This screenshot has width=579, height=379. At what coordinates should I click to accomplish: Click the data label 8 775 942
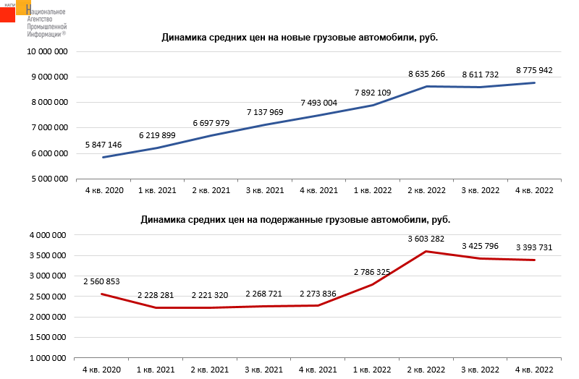pyautogui.click(x=534, y=70)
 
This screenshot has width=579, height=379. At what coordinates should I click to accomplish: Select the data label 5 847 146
pyautogui.click(x=103, y=145)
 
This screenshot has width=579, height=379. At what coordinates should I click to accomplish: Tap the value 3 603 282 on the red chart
pyautogui.click(x=426, y=239)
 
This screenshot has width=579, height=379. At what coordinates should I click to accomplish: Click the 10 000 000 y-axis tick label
pyautogui.click(x=48, y=52)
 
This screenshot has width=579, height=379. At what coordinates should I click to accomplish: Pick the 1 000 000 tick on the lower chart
pyautogui.click(x=49, y=358)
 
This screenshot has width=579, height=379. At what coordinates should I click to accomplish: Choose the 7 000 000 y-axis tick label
pyautogui.click(x=49, y=128)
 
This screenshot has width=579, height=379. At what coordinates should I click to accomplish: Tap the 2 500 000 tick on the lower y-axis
pyautogui.click(x=49, y=297)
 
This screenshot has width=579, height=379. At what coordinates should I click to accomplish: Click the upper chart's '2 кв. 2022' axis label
pyautogui.click(x=426, y=190)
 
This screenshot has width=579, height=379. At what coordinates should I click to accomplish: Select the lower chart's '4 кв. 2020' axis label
pyautogui.click(x=103, y=370)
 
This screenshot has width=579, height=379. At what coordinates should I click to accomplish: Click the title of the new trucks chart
pyautogui.click(x=300, y=38)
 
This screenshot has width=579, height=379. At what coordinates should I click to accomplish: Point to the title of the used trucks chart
pyautogui.click(x=300, y=218)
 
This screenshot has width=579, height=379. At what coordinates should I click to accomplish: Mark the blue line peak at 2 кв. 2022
pyautogui.click(x=426, y=86)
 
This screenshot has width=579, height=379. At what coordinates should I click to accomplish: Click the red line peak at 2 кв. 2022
pyautogui.click(x=426, y=251)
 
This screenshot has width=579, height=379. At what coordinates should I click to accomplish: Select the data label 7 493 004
pyautogui.click(x=318, y=103)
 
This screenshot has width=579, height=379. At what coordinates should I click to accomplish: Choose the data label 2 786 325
pyautogui.click(x=372, y=272)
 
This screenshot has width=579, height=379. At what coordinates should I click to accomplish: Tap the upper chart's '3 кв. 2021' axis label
pyautogui.click(x=265, y=190)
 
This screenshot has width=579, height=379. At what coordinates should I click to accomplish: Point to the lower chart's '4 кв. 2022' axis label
pyautogui.click(x=534, y=370)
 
